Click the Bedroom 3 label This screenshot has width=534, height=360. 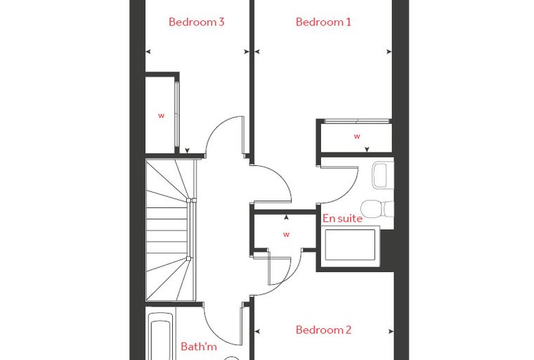point(197,22)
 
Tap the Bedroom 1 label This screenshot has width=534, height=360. point(323,22)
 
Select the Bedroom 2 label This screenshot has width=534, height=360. point(323,330)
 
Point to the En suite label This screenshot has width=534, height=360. point(342,218)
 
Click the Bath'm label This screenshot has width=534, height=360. point(199,347)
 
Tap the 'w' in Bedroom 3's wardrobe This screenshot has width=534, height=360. point(161,115)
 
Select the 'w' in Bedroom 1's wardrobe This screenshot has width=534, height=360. point(357,136)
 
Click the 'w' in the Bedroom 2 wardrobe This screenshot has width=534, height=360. point(287,235)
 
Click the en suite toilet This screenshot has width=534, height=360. point(377,209)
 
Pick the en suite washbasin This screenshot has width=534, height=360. point(380,176)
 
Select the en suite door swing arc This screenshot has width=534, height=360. point(348,193)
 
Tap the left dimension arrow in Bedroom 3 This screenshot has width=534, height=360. point(148,52)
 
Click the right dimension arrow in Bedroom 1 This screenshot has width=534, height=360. point(389,52)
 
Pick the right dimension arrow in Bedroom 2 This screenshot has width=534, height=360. point(391,331)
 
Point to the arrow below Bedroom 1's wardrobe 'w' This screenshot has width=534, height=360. point(367,149)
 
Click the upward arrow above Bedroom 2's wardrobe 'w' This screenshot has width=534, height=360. point(287,217)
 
